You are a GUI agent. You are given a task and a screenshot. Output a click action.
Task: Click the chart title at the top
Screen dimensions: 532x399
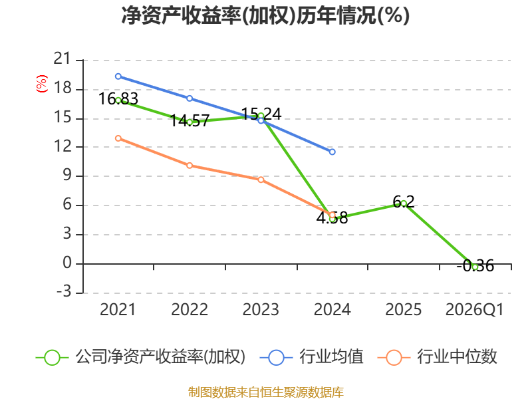pos(265,15)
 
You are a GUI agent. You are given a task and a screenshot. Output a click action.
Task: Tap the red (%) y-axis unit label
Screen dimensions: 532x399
pos(42,84)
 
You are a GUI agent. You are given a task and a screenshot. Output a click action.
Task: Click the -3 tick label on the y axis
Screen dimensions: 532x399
pos(64,291)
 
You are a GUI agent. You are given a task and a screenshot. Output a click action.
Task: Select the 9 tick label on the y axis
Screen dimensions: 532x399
pos(67,176)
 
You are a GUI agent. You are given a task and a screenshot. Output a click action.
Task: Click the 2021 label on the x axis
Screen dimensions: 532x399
pos(118,309)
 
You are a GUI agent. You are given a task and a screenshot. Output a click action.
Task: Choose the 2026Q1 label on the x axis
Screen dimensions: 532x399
pos(474,310)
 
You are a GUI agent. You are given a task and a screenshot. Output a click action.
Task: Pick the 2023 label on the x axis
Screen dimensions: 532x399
pos(261,309)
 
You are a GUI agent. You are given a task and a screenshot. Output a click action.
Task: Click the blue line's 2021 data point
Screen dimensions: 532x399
pos(118,76)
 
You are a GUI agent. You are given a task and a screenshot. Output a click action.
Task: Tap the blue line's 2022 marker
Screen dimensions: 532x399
pos(190,98)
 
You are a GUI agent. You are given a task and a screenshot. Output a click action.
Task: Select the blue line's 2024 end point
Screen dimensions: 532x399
pos(332,152)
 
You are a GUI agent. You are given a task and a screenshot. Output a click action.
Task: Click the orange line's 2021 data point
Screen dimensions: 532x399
pos(118,138)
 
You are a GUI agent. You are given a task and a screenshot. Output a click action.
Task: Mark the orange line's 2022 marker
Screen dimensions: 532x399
pos(190,166)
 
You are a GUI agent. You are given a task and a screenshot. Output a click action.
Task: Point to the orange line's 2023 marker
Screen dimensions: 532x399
pos(261,180)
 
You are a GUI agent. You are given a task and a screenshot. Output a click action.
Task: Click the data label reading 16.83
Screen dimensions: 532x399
pos(118,99)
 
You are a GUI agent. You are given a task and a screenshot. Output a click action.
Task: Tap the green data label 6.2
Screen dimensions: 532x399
pos(404,202)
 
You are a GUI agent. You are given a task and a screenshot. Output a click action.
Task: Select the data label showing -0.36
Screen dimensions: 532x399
pos(475,265)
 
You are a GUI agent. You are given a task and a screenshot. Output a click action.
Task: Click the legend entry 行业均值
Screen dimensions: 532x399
pos(311,357)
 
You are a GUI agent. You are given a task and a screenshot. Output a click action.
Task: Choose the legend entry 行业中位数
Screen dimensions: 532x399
pos(437,357)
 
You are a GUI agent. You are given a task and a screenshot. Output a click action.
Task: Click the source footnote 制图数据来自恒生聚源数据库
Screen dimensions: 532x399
pos(265,392)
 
